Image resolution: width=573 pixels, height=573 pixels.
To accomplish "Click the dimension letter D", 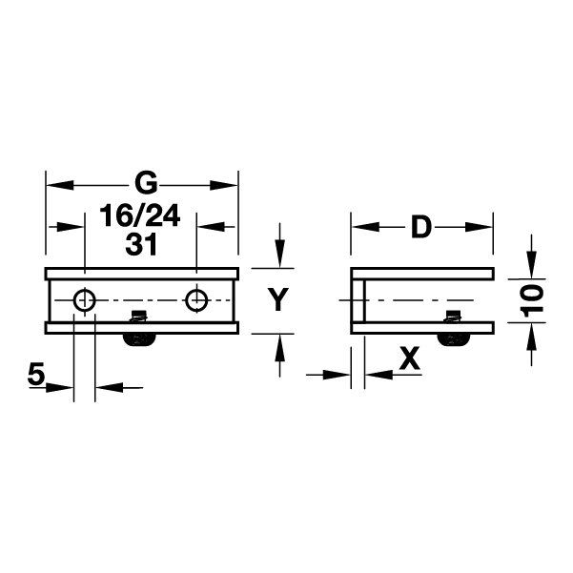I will pos(420,228).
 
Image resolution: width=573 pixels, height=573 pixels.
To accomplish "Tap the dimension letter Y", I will pos(277,301).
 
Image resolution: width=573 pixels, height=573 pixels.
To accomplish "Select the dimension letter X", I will pos(409,359).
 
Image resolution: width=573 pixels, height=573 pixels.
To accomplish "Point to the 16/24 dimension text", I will pos(140,216).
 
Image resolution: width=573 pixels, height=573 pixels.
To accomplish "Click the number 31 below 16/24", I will pos(140,243).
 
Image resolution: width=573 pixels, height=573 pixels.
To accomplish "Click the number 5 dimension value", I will pos(36,375).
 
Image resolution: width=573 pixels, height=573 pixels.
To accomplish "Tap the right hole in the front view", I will pos(196,300).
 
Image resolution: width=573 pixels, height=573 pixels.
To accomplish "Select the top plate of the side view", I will pos(422,274).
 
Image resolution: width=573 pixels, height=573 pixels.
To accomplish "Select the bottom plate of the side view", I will pos(422,328).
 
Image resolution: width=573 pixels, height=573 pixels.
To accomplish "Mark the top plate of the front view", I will pos(141,274).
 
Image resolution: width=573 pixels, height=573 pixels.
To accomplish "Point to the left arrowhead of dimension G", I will pos(55,182).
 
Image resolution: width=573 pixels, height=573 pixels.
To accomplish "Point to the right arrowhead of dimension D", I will pos(484,228).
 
